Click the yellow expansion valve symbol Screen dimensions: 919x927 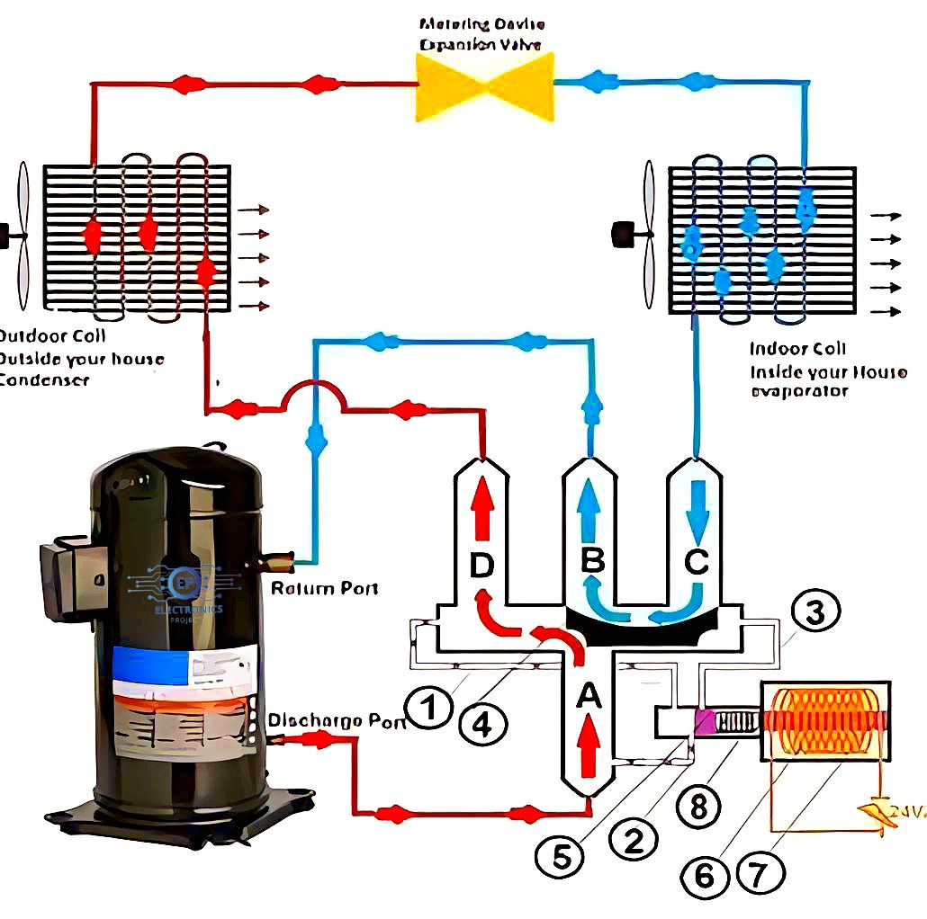click(x=483, y=85)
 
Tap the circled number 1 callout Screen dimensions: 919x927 click(x=432, y=708)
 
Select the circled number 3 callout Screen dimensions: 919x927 click(x=814, y=614)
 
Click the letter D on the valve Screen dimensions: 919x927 click(x=481, y=566)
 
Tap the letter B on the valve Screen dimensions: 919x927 click(x=591, y=561)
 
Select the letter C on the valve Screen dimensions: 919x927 click(x=696, y=562)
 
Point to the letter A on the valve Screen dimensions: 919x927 click(x=588, y=694)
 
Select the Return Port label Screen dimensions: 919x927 click(x=325, y=589)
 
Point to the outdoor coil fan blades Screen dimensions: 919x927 click(x=22, y=236)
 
